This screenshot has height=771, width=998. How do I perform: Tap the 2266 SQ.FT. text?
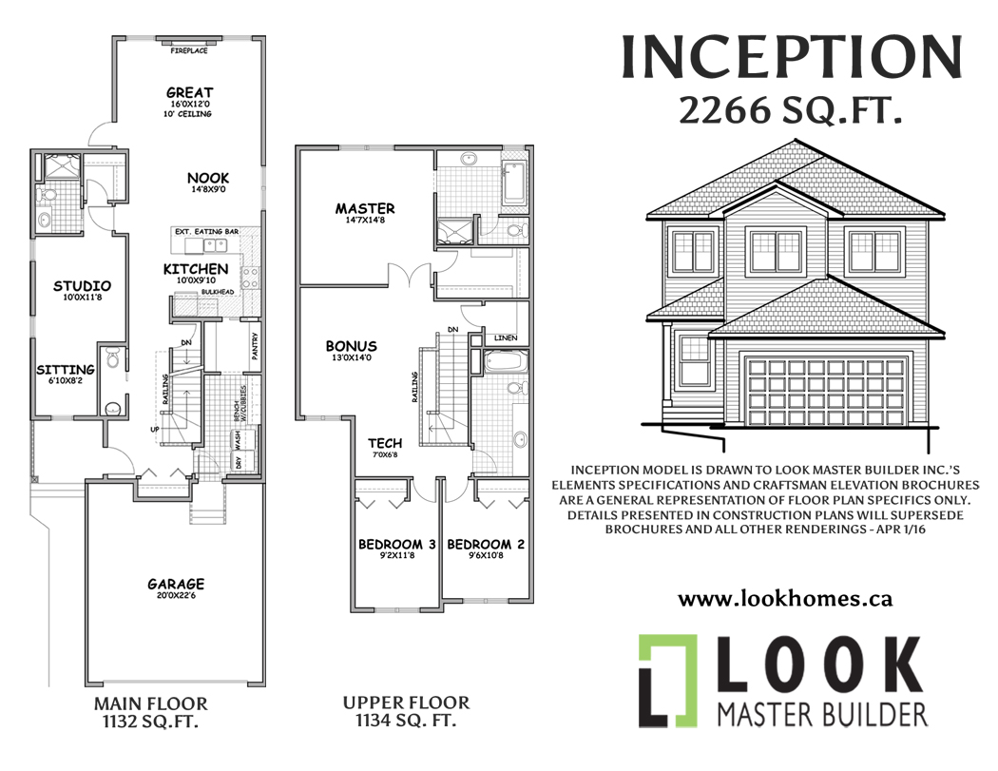[790, 112]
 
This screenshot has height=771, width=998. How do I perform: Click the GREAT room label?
[189, 92]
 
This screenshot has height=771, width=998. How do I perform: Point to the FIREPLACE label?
[189, 50]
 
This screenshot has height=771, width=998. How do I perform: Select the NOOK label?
[208, 178]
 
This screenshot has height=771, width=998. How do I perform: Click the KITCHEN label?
[195, 269]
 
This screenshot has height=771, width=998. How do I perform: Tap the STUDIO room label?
[82, 285]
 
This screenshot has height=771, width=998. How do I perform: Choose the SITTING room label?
[66, 369]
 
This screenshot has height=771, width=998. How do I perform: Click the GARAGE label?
[176, 584]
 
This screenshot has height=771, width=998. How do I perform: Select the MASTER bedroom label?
[365, 208]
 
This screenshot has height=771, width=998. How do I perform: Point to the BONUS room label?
[351, 346]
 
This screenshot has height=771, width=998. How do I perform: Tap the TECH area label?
[385, 443]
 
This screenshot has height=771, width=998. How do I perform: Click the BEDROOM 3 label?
[396, 545]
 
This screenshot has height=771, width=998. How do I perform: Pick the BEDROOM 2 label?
[486, 545]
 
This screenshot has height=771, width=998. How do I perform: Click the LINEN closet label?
[506, 338]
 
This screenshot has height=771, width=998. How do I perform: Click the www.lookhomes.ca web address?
[785, 599]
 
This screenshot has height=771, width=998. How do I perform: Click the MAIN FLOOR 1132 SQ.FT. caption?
[151, 712]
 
